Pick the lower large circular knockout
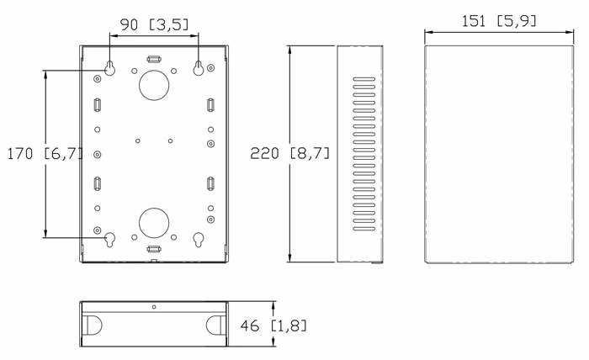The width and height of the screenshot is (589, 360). click(x=154, y=222)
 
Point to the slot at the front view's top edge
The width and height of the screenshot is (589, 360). click(x=154, y=59)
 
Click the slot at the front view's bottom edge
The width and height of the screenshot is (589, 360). click(x=154, y=249)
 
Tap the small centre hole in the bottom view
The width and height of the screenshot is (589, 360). click(x=154, y=307)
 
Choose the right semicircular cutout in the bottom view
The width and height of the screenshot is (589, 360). click(x=216, y=325)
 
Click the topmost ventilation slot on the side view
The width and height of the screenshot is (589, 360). click(x=362, y=79)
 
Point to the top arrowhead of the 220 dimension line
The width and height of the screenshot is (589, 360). click(x=289, y=49)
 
